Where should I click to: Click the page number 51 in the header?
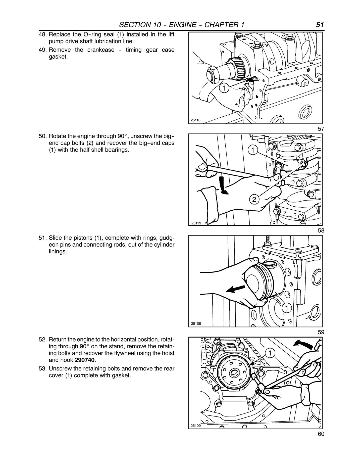point(320,25)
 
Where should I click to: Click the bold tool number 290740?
point(85,360)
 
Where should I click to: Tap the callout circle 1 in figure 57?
point(224,89)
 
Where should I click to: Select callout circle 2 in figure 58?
point(254,200)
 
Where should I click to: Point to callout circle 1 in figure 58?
point(253,150)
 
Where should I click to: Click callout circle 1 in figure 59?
point(286,307)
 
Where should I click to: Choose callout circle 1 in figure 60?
point(270,353)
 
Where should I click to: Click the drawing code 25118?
point(195,120)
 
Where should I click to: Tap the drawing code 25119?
point(196,223)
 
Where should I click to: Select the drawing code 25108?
point(196,324)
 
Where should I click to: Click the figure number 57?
point(321,129)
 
